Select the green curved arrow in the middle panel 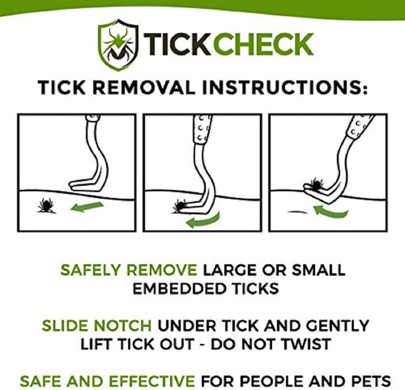[203, 220]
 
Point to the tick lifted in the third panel [315, 184]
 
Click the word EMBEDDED [174, 289]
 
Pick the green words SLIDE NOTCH [96, 325]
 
